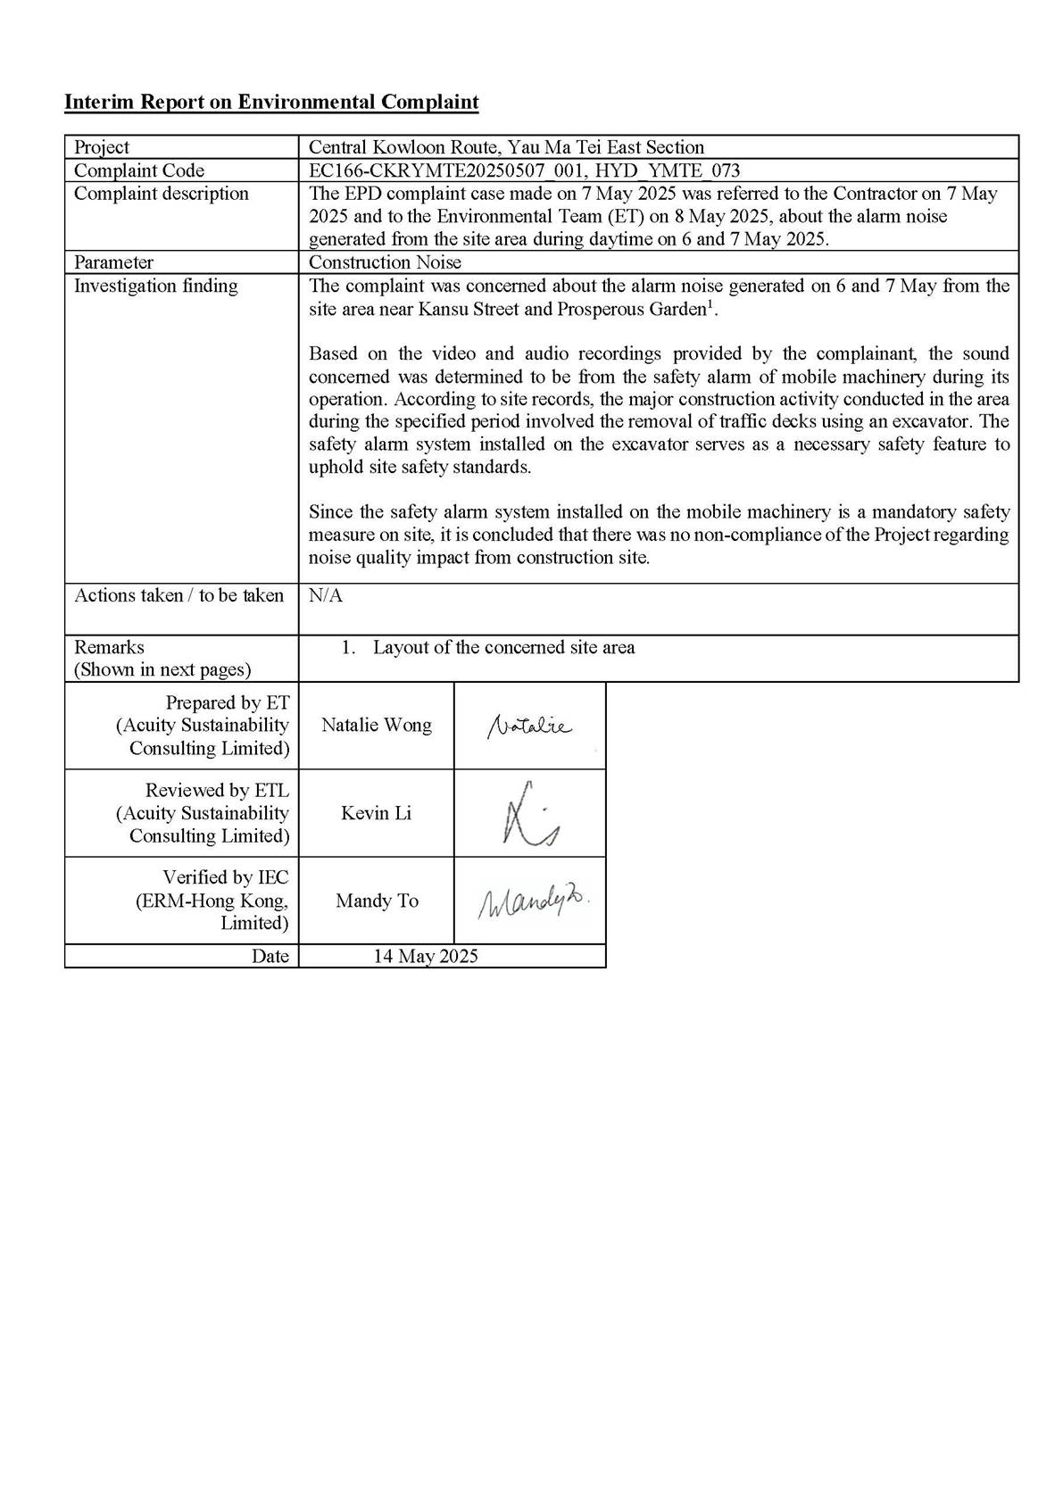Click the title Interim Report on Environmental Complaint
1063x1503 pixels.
[x=271, y=102]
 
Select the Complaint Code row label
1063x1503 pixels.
[x=139, y=170]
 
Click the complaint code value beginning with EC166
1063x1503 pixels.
[x=524, y=170]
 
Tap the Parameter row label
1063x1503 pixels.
[x=113, y=262]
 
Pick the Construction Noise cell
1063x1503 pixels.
[x=385, y=262]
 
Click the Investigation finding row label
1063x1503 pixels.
[x=156, y=286]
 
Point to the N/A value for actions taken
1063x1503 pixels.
[x=326, y=595]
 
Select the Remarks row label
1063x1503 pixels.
[x=109, y=647]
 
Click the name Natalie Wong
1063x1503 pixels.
[x=376, y=725]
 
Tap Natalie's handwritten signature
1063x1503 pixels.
[x=529, y=727]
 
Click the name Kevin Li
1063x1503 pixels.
[x=376, y=813]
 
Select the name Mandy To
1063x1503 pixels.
[x=377, y=901]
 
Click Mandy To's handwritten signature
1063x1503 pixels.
[x=533, y=902]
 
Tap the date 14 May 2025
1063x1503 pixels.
[x=426, y=956]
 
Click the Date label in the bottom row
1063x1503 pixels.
[x=270, y=956]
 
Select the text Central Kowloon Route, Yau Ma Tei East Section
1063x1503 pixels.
[x=506, y=147]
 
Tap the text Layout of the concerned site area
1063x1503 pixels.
[x=503, y=647]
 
